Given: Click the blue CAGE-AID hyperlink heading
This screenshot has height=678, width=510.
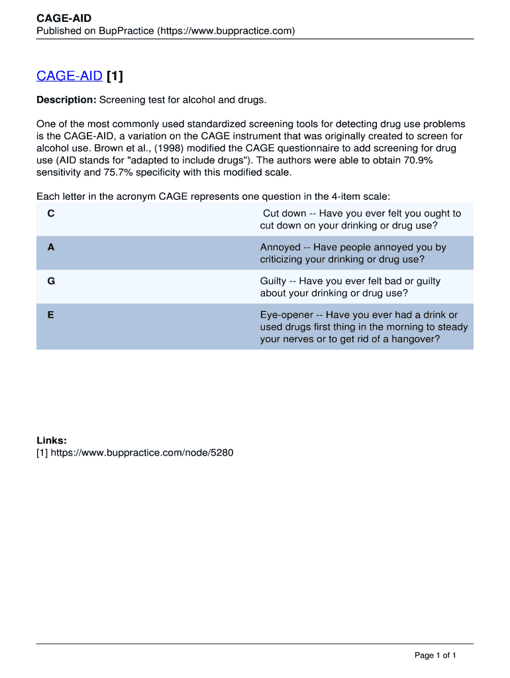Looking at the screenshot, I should coord(69,76).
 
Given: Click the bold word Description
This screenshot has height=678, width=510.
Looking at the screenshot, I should coord(66,100).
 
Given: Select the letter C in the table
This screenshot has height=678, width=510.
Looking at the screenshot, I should coord(51,214).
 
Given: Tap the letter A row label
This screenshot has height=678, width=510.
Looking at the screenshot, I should coord(51,248).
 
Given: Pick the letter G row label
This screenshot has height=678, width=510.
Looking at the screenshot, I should coord(51,281).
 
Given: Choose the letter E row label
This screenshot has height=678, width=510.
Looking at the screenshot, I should coord(51,315).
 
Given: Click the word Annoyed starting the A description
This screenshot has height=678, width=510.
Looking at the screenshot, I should coord(280,248).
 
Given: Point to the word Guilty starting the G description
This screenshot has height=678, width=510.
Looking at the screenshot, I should coord(273,281).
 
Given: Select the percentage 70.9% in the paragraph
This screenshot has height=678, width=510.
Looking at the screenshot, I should coord(415,160).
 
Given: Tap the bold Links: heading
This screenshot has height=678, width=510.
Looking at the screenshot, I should coord(52,441).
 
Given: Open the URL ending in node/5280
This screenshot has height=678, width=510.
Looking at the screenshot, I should coord(142,454).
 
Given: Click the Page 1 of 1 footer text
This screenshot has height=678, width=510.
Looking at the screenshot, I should coord(435,655).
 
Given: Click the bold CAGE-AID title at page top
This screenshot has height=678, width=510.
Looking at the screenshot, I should coord(64,19).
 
